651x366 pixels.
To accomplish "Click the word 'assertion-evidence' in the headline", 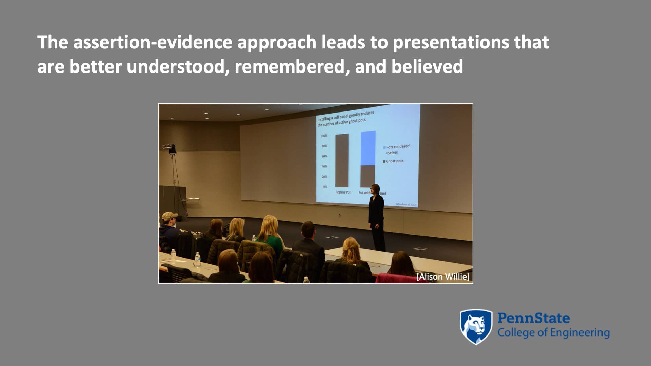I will [153, 42].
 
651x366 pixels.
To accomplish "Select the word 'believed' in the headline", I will [427, 66].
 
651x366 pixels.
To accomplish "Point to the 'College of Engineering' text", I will [553, 333].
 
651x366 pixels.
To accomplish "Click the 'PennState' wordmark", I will [533, 318].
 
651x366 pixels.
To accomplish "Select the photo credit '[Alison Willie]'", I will [443, 277].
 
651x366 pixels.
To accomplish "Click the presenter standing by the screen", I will [376, 217].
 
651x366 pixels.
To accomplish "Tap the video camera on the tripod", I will [169, 148].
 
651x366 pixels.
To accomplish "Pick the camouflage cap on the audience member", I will [169, 216].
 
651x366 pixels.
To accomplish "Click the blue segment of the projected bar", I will [368, 148].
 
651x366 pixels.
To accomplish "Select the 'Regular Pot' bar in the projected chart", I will [342, 160].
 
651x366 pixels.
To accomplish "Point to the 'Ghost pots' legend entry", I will [394, 161].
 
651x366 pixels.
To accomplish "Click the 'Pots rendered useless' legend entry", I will [397, 149].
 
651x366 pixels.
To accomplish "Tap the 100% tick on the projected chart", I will [324, 136].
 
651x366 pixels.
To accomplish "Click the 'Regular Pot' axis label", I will [343, 192].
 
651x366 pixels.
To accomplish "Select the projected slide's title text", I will [346, 118].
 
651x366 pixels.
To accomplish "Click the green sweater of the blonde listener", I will [273, 243].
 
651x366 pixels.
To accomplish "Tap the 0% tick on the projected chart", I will [325, 187].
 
